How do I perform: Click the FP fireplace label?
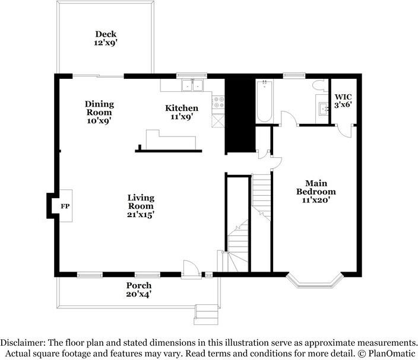(x=65, y=206)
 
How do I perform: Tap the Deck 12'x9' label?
(x=106, y=39)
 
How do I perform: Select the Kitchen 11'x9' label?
(x=182, y=112)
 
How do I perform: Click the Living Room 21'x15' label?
(x=141, y=206)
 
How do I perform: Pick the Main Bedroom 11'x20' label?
(x=316, y=192)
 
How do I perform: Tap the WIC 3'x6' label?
(x=343, y=101)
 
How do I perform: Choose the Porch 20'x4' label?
(x=139, y=289)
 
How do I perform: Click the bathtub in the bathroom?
(x=264, y=101)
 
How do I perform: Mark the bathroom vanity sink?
(x=324, y=109)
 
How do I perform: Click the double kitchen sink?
(x=192, y=85)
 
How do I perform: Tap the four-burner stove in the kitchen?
(x=218, y=102)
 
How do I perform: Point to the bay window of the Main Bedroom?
(x=315, y=281)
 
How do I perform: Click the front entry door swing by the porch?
(x=191, y=269)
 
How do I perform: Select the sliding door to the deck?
(x=99, y=77)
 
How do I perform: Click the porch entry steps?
(x=207, y=314)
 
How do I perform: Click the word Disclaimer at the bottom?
(x=23, y=342)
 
